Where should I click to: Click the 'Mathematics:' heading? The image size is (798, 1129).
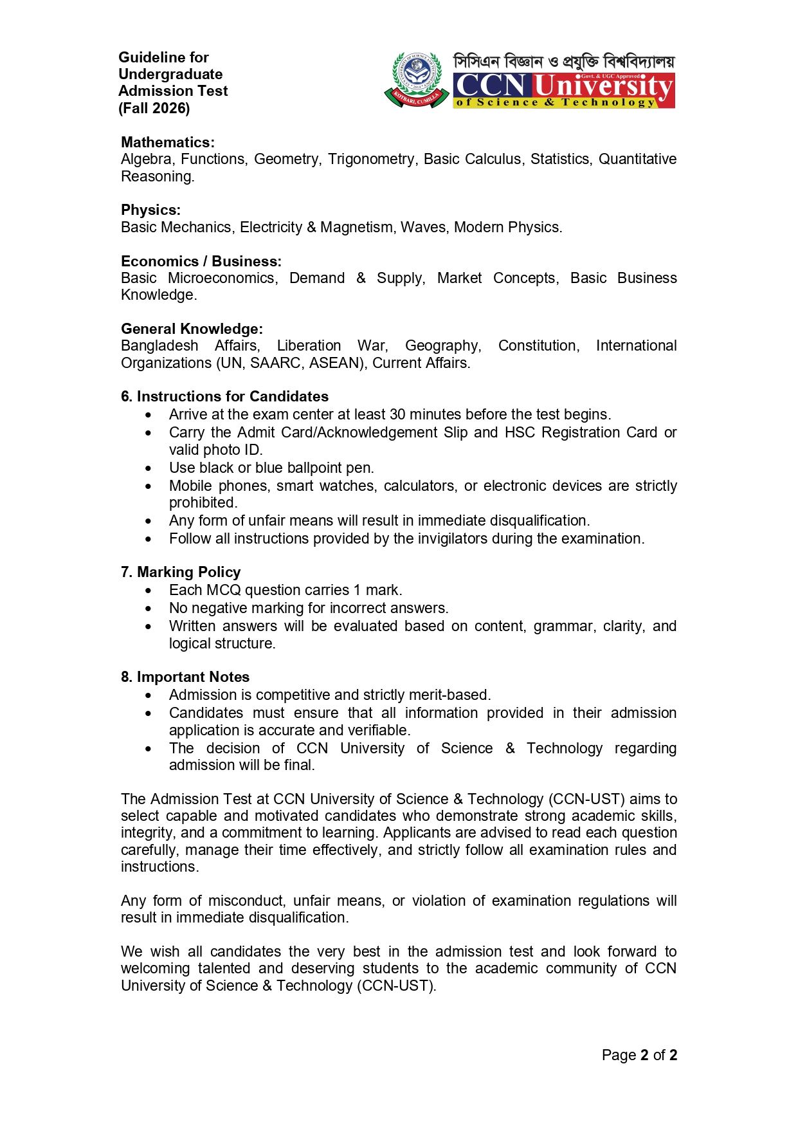168,142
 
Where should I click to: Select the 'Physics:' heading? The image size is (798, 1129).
151,210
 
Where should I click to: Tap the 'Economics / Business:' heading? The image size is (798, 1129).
201,261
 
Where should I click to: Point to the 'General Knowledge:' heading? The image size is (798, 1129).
192,329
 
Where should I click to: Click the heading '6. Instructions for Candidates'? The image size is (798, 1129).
224,396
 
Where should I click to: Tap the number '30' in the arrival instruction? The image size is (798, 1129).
397,414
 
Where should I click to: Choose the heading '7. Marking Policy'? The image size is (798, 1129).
181,572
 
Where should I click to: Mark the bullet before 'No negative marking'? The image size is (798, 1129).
149,609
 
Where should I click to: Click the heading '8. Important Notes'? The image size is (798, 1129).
185,677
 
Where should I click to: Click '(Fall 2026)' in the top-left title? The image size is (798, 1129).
154,108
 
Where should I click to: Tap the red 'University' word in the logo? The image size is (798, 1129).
603,86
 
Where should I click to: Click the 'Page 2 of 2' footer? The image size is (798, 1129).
639,1055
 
